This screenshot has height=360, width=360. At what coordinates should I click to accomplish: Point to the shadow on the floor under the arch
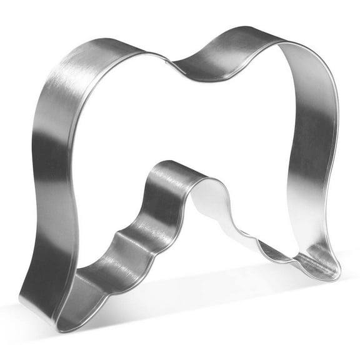206,275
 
